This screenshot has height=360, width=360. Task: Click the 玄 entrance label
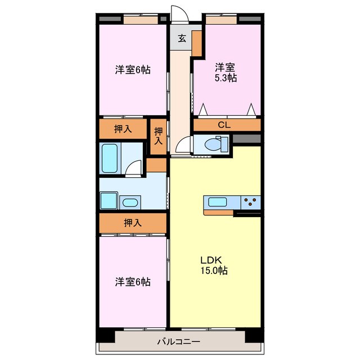point(182,38)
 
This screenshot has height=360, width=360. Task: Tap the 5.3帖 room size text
point(226,78)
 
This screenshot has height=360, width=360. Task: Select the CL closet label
point(224,125)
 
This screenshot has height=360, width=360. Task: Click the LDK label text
point(211,260)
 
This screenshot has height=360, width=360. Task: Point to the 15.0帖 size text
point(214,271)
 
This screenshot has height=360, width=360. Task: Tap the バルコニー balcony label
point(178,341)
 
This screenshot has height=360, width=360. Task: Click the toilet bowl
point(213,145)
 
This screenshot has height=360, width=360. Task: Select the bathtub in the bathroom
point(110,158)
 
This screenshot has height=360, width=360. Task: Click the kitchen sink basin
point(218,202)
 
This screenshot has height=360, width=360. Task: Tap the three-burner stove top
point(250,202)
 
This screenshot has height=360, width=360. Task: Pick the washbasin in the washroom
point(130,202)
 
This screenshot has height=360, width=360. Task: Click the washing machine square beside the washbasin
point(109,201)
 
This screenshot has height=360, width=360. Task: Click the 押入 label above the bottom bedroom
point(133,223)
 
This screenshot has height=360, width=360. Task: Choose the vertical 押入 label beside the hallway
point(159,136)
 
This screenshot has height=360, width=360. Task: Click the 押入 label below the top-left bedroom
point(123,129)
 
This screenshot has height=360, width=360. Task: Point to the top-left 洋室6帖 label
point(133,70)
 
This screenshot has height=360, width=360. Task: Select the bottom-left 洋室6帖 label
point(133,282)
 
